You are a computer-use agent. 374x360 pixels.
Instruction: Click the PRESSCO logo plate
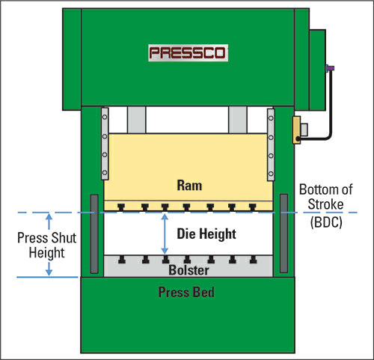click(x=188, y=53)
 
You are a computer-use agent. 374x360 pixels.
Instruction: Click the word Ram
click(x=189, y=186)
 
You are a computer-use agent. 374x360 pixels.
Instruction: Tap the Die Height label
click(x=206, y=234)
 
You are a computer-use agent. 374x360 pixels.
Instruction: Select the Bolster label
click(x=188, y=270)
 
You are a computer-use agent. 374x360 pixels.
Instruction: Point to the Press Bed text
click(x=186, y=292)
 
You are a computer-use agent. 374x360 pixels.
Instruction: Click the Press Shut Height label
click(x=47, y=245)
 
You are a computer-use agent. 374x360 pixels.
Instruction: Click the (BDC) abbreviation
click(x=326, y=222)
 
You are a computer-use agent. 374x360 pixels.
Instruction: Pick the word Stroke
click(x=325, y=204)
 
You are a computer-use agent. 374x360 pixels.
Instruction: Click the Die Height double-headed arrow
click(x=165, y=234)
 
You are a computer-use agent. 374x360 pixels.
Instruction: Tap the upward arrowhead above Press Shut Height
click(x=49, y=216)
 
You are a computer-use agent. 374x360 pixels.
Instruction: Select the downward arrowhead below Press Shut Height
click(x=49, y=272)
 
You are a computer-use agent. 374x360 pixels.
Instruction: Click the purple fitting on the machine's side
click(x=330, y=68)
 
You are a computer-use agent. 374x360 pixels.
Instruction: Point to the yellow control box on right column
click(x=296, y=130)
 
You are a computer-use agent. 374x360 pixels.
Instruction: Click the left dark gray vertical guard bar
click(x=94, y=234)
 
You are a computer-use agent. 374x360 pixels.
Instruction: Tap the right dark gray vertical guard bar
click(x=283, y=234)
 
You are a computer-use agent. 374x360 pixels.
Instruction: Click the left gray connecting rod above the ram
click(x=137, y=120)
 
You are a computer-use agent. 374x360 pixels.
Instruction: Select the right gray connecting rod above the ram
click(x=238, y=120)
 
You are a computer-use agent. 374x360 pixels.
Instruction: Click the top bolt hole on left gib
click(x=105, y=117)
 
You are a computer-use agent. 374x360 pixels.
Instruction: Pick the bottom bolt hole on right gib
click(x=271, y=174)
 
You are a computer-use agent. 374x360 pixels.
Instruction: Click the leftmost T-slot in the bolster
click(x=122, y=260)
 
